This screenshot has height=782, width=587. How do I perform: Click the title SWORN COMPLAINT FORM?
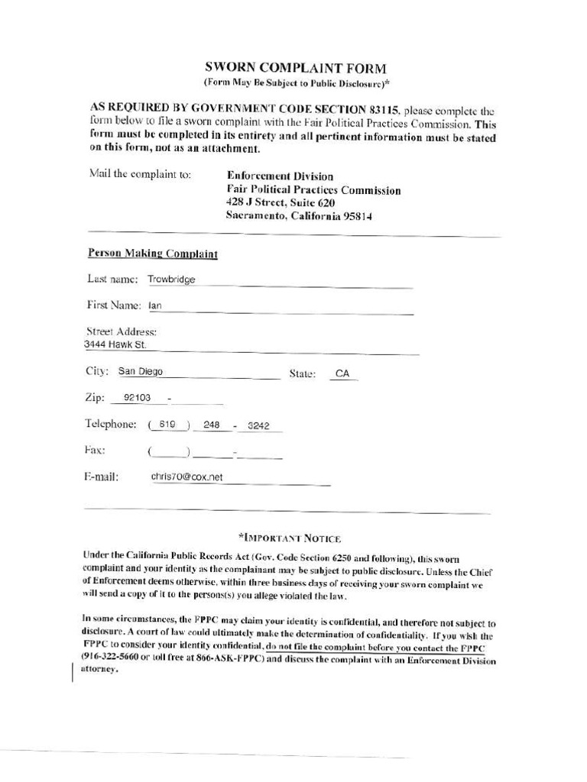[295, 68]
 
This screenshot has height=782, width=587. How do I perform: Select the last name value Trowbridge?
[172, 280]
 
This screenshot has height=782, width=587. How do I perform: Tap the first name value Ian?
[155, 306]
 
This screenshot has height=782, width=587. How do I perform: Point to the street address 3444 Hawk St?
[115, 345]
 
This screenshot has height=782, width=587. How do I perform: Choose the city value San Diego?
[140, 372]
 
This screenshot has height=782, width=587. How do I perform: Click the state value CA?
[342, 374]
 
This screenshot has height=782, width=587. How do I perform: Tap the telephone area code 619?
[167, 425]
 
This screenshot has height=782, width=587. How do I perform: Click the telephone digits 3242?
[259, 425]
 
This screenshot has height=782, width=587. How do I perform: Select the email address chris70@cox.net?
[186, 477]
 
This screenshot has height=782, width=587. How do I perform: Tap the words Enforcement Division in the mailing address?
[280, 176]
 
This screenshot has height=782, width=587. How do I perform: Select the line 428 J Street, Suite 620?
[281, 203]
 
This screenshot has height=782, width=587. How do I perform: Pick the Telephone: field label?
[111, 424]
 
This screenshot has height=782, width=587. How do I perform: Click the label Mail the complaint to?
[140, 174]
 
